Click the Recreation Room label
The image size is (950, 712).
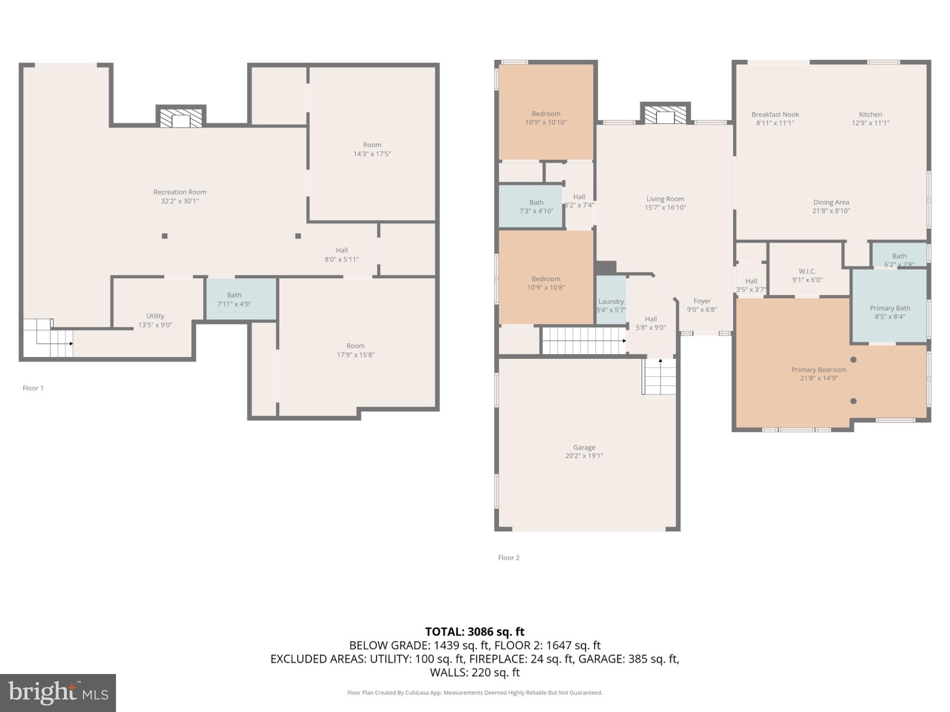tap(180, 192)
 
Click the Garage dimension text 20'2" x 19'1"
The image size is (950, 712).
tap(584, 456)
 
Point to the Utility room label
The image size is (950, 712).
tap(155, 316)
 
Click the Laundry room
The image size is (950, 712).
tap(611, 301)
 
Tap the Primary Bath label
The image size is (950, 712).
tap(890, 308)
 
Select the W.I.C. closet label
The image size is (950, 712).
tap(807, 271)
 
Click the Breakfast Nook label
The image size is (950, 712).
tap(775, 114)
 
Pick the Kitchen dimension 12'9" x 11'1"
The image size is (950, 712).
tap(870, 123)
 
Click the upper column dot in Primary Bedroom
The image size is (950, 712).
tap(853, 360)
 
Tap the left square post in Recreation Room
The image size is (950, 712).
tap(165, 236)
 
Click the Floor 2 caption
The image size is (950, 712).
tap(508, 558)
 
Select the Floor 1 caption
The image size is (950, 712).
tap(33, 388)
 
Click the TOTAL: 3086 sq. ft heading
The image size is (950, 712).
tap(475, 632)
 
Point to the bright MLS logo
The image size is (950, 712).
tap(58, 693)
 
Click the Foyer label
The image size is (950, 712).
tap(702, 301)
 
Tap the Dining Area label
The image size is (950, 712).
tap(831, 203)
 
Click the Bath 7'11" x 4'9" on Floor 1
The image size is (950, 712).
tap(234, 299)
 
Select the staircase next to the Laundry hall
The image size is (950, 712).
tap(584, 341)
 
